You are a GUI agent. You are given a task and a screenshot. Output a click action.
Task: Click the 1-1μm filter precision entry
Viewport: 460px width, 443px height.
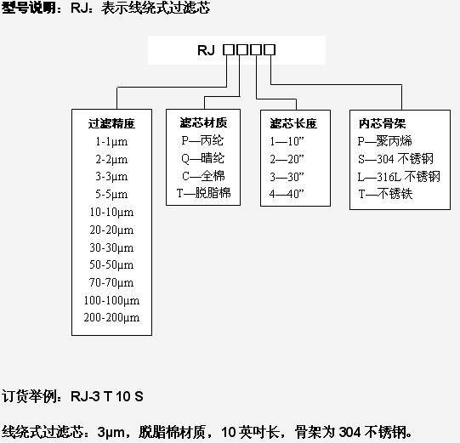[x=111, y=142]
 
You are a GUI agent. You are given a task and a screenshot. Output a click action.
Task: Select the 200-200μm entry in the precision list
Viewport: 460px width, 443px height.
[x=111, y=317]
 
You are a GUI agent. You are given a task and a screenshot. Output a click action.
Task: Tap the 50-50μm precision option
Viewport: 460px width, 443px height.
[x=111, y=264]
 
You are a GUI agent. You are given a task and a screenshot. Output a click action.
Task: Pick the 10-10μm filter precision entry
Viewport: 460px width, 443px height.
[x=111, y=212]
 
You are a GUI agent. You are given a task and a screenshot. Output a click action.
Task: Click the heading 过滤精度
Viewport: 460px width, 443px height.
[x=111, y=123]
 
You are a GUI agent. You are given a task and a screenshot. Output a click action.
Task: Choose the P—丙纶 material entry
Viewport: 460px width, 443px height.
[x=202, y=140]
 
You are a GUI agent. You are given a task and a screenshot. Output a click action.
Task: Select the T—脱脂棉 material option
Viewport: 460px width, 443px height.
[x=203, y=193]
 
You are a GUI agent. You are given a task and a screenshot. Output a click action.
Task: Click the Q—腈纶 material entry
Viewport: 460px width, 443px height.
[x=202, y=158]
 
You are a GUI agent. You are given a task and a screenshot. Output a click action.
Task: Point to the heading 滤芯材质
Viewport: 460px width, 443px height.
[x=203, y=122]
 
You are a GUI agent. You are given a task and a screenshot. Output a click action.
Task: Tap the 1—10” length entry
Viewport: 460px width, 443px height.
[x=287, y=141]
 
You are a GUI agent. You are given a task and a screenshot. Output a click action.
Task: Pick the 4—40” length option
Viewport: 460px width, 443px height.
[x=287, y=194]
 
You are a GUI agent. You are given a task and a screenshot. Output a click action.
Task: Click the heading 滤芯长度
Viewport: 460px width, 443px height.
[x=293, y=123]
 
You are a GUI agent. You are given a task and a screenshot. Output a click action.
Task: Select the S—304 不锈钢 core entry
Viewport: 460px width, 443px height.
[x=395, y=159]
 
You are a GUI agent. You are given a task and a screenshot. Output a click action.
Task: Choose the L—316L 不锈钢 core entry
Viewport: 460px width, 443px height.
[x=399, y=177]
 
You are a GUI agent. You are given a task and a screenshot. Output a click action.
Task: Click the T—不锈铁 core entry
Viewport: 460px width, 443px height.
[x=385, y=194]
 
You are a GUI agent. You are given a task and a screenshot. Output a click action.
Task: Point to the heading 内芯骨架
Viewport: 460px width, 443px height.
[x=383, y=123]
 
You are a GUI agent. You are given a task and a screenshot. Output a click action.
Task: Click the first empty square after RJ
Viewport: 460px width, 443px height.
[x=229, y=49]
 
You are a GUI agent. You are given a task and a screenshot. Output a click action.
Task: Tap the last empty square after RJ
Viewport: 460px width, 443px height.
[x=270, y=49]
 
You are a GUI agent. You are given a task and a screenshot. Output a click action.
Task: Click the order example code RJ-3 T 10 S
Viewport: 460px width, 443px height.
[x=107, y=396]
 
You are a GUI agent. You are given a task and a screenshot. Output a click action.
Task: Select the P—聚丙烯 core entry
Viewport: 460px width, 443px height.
[x=385, y=141]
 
